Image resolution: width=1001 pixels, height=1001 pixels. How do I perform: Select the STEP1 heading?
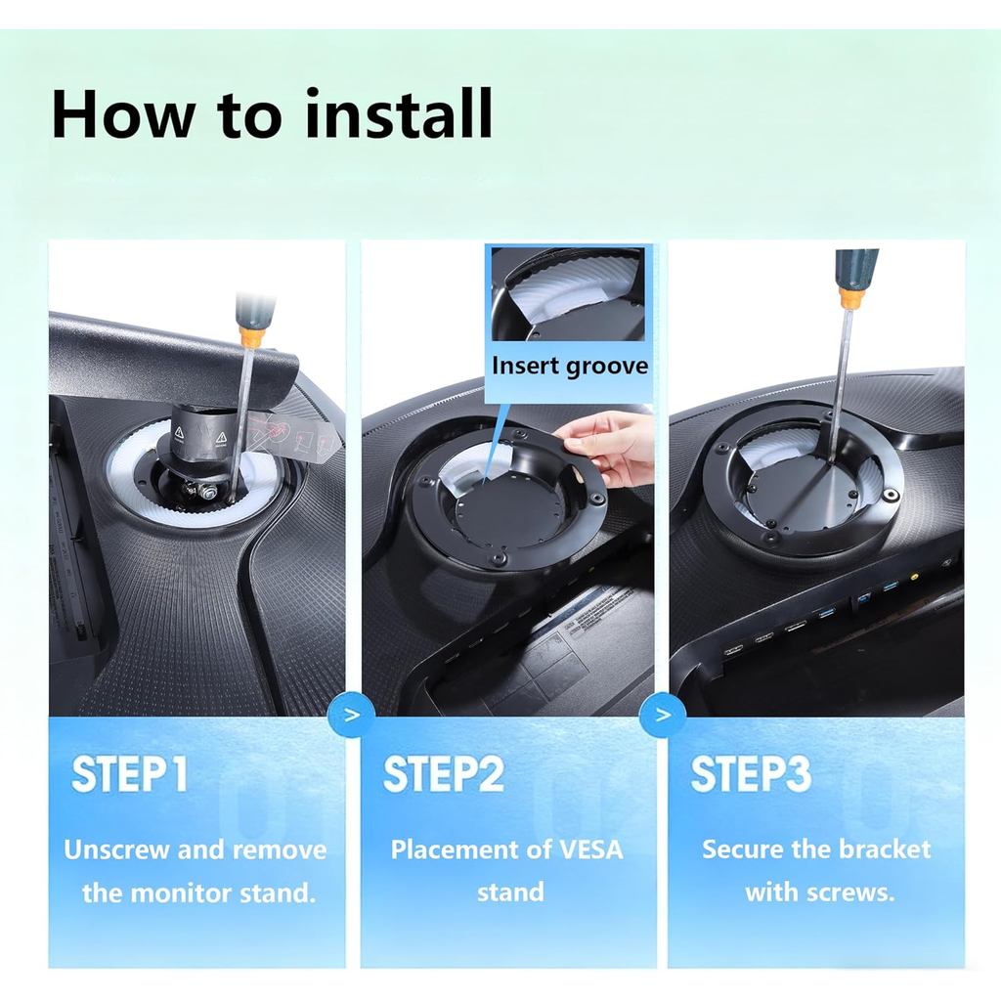click(130, 774)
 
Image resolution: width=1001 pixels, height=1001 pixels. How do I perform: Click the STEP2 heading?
click(443, 774)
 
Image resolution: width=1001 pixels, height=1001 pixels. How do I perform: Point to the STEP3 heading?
click(751, 774)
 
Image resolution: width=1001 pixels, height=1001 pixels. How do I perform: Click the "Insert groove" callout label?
click(570, 366)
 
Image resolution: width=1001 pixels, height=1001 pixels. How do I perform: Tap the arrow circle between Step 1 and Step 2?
click(352, 715)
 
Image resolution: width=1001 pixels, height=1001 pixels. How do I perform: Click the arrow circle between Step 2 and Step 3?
click(663, 715)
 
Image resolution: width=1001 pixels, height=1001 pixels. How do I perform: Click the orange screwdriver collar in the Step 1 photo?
click(249, 335)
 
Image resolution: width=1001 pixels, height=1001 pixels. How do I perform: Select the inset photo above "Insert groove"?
click(568, 293)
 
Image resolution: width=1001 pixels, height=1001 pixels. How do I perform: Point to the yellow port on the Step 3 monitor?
click(914, 576)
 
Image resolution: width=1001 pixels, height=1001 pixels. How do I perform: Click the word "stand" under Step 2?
click(510, 892)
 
